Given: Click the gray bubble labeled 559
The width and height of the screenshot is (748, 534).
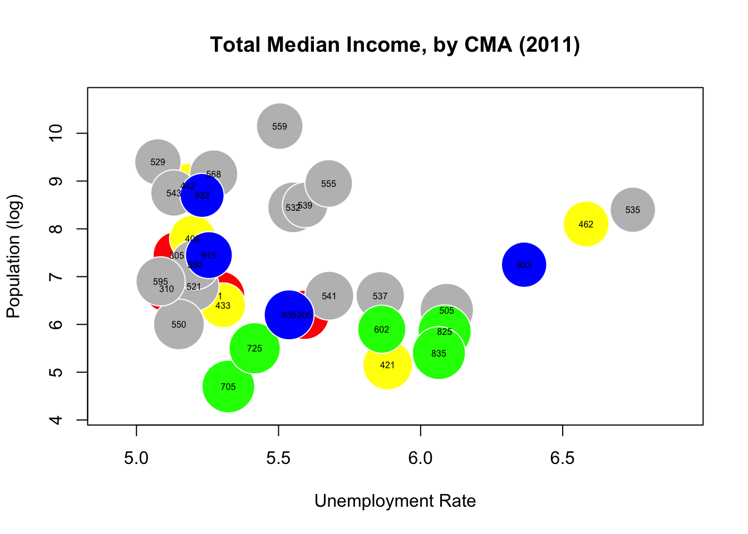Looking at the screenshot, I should pyautogui.click(x=279, y=126).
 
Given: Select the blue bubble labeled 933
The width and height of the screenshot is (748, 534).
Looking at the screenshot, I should pyautogui.click(x=524, y=265).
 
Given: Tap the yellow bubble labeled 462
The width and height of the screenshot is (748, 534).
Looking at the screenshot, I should pyautogui.click(x=585, y=224).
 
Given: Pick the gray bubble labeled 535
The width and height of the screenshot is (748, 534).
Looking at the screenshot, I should pyautogui.click(x=632, y=210).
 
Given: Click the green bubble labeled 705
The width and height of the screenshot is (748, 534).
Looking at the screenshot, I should pyautogui.click(x=228, y=387).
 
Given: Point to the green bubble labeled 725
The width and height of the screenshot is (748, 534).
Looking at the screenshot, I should pyautogui.click(x=254, y=348).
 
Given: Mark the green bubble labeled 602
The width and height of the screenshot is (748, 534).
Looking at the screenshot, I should pyautogui.click(x=381, y=329).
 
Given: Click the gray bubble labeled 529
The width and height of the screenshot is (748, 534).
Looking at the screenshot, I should pyautogui.click(x=158, y=162).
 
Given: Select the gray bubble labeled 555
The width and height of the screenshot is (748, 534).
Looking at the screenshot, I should pyautogui.click(x=328, y=184).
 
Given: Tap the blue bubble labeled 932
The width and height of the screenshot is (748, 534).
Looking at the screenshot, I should pyautogui.click(x=202, y=195).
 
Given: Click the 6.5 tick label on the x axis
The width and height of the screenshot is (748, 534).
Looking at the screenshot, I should pyautogui.click(x=562, y=458).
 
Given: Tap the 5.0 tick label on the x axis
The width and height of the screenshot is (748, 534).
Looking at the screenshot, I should pyautogui.click(x=136, y=458).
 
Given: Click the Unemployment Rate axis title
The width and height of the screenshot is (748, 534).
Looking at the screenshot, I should pyautogui.click(x=395, y=501).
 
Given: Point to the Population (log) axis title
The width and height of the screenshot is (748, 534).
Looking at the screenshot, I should pyautogui.click(x=13, y=256).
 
